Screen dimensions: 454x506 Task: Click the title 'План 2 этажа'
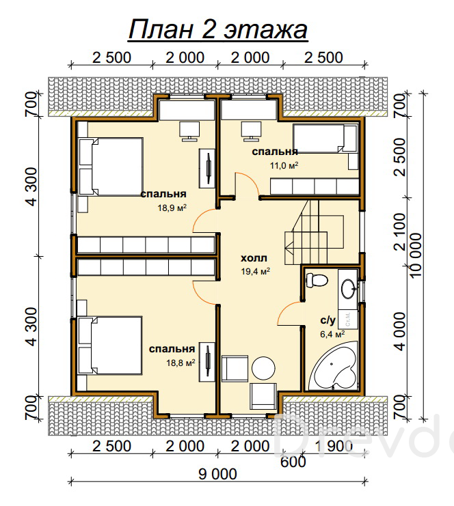pos(218,30)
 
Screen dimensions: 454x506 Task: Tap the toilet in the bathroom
pos(317,280)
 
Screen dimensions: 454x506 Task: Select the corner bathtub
pos(333,366)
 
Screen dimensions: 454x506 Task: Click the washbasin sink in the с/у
pos(348,288)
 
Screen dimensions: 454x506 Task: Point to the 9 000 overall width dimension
pos(217,475)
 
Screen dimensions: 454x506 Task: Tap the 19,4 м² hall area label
pos(255,271)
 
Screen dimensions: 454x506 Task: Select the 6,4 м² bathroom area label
pos(332,334)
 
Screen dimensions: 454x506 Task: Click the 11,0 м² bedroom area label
pos(284,165)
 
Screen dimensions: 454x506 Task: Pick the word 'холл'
pos(254,258)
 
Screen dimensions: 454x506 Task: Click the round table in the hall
pos(263,369)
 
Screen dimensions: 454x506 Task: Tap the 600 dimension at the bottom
pos(293,462)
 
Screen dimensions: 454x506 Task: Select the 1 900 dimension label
pos(333,447)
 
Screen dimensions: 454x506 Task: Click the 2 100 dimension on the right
pos(400,231)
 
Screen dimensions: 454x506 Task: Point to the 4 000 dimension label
pos(400,331)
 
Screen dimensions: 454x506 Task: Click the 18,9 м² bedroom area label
pos(172,208)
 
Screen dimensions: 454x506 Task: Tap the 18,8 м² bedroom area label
pos(181,363)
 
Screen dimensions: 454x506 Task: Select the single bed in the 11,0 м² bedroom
pos(325,139)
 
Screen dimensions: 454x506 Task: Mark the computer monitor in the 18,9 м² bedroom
pos(189,131)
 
